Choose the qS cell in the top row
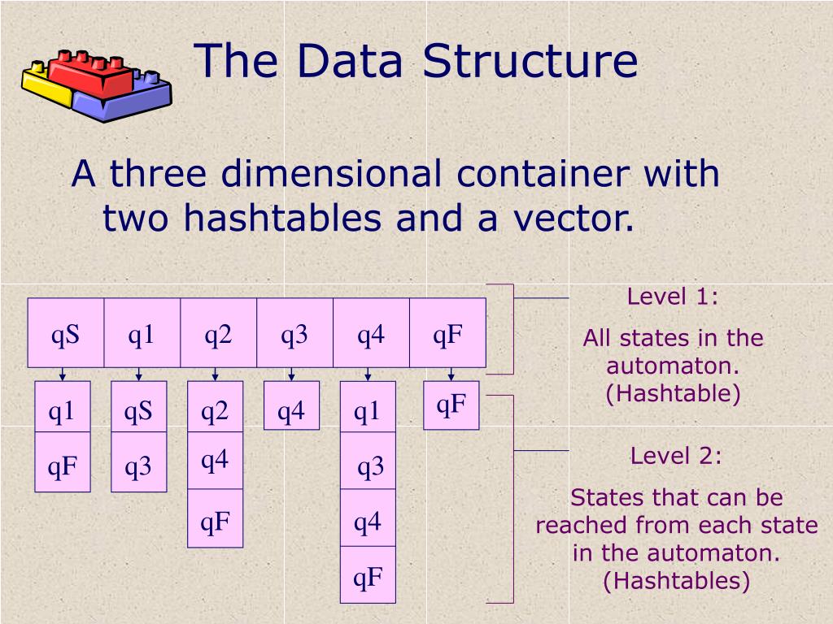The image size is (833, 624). click(66, 333)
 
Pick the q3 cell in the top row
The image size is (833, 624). click(294, 333)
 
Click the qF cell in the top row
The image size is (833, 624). click(447, 333)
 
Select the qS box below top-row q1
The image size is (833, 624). click(138, 412)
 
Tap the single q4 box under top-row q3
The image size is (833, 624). click(291, 412)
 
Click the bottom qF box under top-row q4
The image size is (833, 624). click(368, 578)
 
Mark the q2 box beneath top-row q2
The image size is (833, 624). click(215, 412)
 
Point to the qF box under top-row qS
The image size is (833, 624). click(62, 466)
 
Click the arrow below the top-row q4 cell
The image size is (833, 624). click(368, 375)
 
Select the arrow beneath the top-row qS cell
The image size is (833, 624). click(63, 375)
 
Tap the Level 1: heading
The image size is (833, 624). click(673, 297)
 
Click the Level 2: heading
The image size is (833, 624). click(676, 456)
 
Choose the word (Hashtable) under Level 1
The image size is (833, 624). click(673, 393)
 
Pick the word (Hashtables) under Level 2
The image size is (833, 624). click(676, 580)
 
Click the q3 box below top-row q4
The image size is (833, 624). click(370, 467)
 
